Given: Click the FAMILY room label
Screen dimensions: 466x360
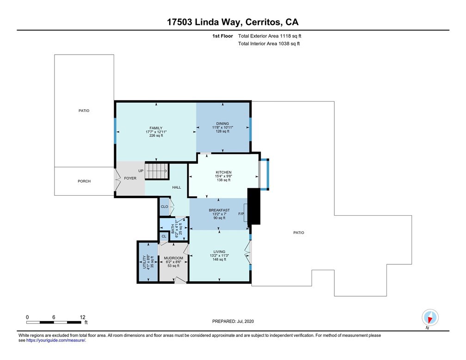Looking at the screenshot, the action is coord(156,128).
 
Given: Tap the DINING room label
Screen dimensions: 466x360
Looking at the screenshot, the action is coord(223,124).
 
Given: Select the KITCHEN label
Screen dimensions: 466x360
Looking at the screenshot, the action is coord(223,172).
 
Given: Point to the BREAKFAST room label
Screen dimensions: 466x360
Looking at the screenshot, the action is coord(219,210).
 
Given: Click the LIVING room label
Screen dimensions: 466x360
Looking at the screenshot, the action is coord(219,252).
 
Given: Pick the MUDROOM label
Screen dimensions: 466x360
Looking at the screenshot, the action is coord(173,258).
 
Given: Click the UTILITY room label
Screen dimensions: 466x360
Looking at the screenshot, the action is coord(145,262).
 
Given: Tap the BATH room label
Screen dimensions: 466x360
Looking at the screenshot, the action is coord(173,229).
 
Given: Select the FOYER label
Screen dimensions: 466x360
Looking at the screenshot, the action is coord(130,178).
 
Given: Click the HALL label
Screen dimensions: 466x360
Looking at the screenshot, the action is coord(177,187).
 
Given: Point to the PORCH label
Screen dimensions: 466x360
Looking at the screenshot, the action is coord(84,181).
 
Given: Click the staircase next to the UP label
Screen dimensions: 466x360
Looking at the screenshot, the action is coord(157,171).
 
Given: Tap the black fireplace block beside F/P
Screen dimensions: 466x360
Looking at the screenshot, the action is coord(254,206).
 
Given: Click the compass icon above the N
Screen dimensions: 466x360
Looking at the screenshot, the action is coord(430,317).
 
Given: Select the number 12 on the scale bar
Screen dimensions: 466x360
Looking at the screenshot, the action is coord(83,317).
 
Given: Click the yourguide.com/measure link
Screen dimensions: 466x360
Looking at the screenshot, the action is coord(56,341).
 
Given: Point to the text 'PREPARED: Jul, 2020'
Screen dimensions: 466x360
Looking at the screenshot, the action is coord(233,321).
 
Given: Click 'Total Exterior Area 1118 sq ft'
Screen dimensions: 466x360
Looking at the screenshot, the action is coord(270,36).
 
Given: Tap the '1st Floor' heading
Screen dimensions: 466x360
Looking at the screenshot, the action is coord(223,36).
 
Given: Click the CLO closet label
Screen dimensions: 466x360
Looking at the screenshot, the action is coord(165,206).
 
